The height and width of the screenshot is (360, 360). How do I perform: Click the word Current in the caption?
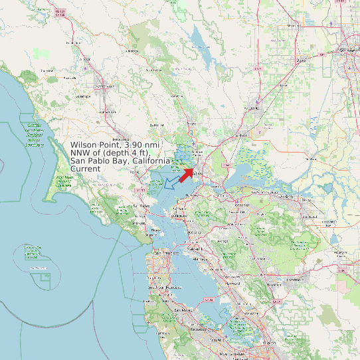(86, 169)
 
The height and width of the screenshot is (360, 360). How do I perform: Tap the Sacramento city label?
(348, 50)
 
